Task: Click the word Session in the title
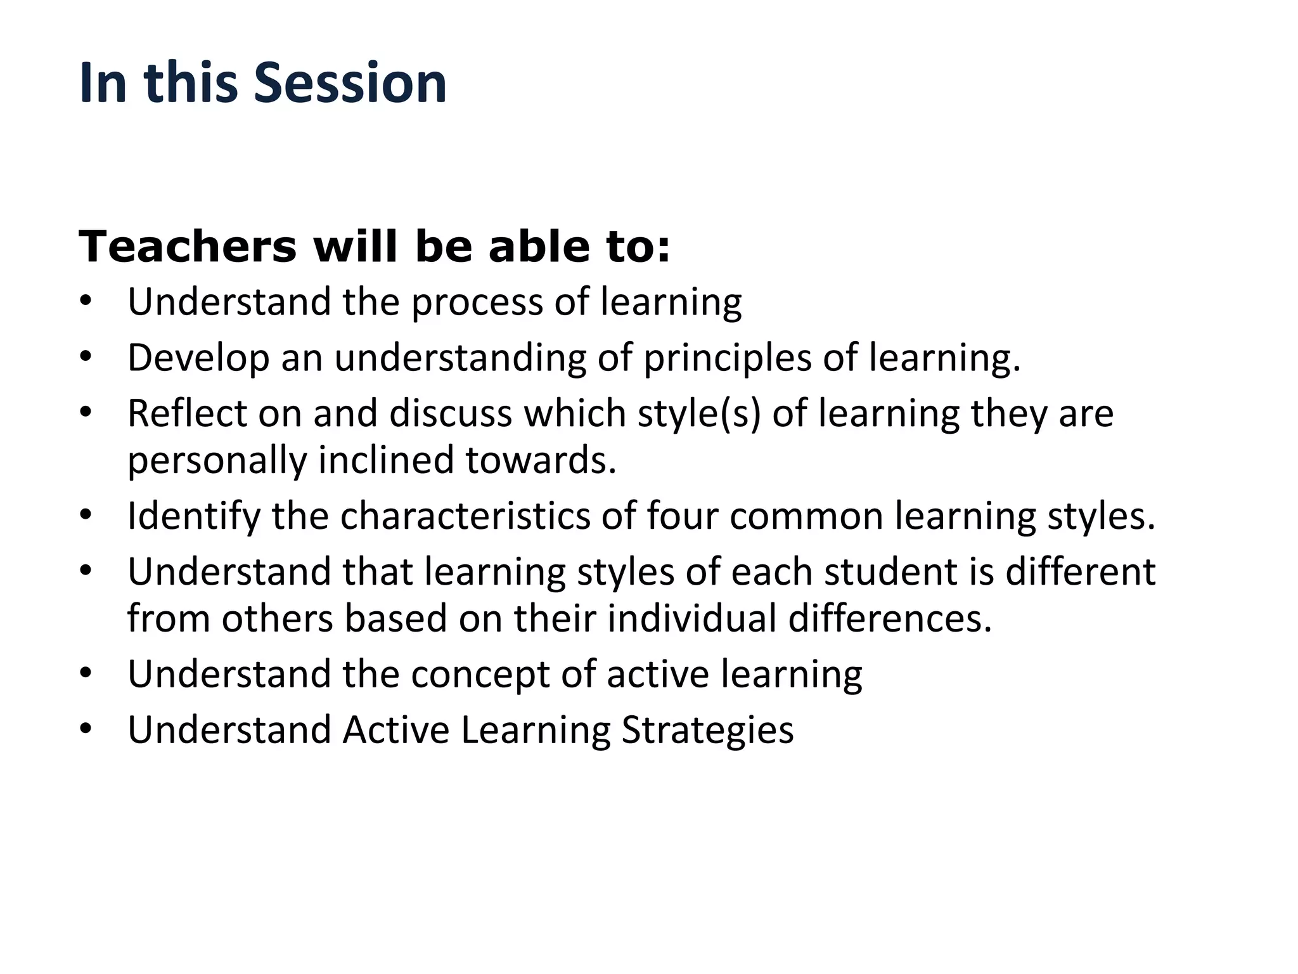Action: click(x=350, y=83)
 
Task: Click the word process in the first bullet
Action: click(x=477, y=302)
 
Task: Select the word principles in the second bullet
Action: click(x=727, y=358)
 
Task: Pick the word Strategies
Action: click(x=707, y=730)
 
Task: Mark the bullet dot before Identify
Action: click(x=86, y=516)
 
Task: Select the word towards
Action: click(x=541, y=460)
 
